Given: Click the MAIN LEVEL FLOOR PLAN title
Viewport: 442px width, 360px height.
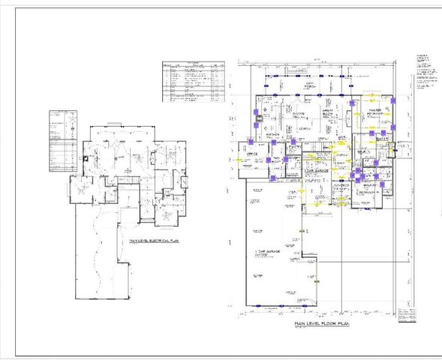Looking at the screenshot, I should pyautogui.click(x=323, y=322).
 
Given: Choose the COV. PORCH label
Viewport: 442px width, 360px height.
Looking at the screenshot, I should pyautogui.click(x=308, y=85).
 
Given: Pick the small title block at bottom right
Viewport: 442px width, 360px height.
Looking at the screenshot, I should pyautogui.click(x=407, y=313).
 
